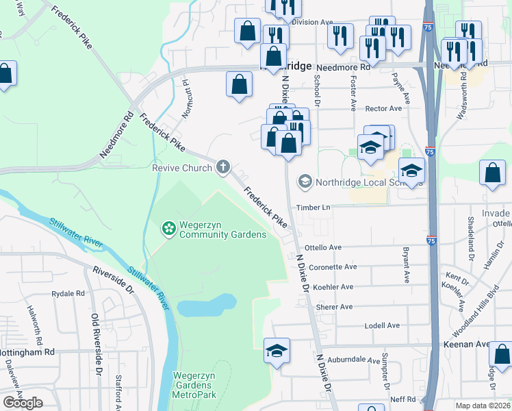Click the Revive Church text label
pyautogui.click(x=181, y=168)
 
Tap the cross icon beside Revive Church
pyautogui.click(x=222, y=166)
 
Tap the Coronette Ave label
pyautogui.click(x=333, y=267)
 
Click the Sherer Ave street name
pyautogui.click(x=334, y=307)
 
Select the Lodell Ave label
pyautogui.click(x=381, y=326)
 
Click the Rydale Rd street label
pyautogui.click(x=68, y=293)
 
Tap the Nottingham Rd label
pyautogui.click(x=27, y=352)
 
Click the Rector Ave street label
pyautogui.click(x=383, y=108)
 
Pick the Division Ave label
pyautogui.click(x=311, y=22)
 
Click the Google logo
pyautogui.click(x=23, y=403)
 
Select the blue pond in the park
pyautogui.click(x=205, y=305)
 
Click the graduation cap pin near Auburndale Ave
pyautogui.click(x=277, y=351)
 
